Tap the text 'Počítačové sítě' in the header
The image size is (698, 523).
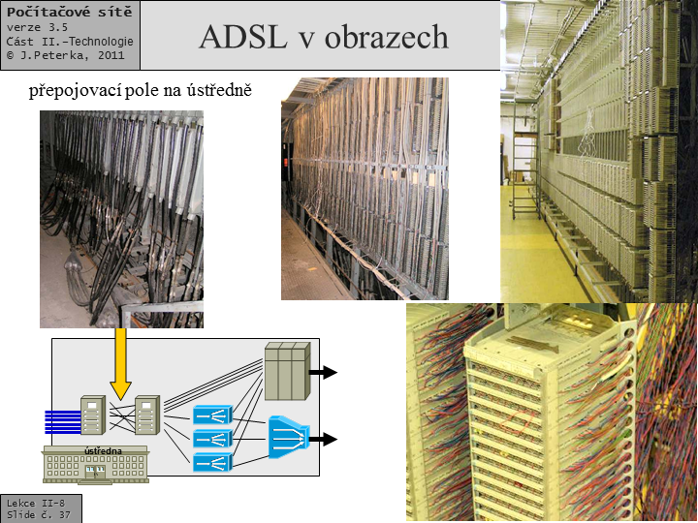[69, 12]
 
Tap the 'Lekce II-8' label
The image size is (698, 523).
[36, 504]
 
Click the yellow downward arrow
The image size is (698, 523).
[121, 363]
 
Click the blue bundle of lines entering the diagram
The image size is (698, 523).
[61, 419]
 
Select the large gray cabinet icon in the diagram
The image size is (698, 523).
[286, 372]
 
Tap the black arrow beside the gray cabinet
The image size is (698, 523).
[323, 372]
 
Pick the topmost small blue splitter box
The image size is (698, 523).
[212, 415]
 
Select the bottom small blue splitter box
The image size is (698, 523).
[212, 462]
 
